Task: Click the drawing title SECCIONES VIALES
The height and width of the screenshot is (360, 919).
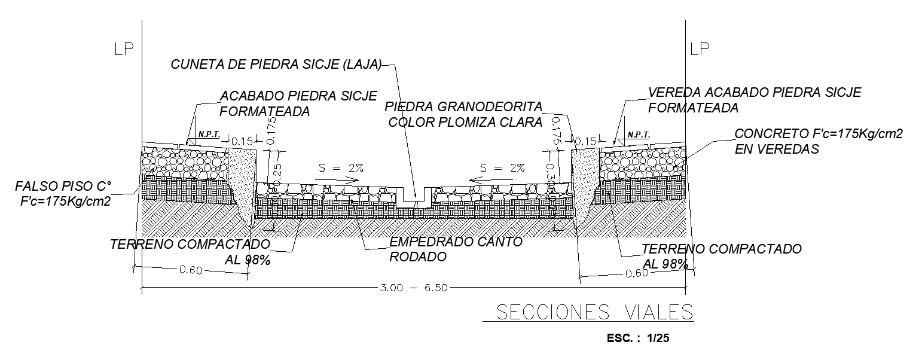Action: (x=588, y=312)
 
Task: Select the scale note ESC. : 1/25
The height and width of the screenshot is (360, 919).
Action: (x=638, y=338)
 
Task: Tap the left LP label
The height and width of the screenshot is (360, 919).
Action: (x=124, y=50)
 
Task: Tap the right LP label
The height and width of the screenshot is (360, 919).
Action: (x=700, y=50)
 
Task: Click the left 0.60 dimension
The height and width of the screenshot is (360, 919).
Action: (x=192, y=270)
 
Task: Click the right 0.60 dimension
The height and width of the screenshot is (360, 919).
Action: (x=636, y=273)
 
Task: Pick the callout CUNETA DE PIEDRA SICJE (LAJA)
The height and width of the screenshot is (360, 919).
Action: (x=276, y=65)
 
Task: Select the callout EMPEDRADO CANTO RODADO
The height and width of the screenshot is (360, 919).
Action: (x=456, y=249)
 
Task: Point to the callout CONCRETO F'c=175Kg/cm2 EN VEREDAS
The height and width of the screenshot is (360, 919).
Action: (x=818, y=142)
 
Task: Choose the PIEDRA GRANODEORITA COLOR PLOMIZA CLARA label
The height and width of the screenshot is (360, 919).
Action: (x=464, y=114)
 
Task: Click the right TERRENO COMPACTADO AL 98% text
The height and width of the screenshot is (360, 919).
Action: (x=720, y=256)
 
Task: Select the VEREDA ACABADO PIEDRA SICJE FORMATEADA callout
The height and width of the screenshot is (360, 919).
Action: (x=755, y=100)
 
